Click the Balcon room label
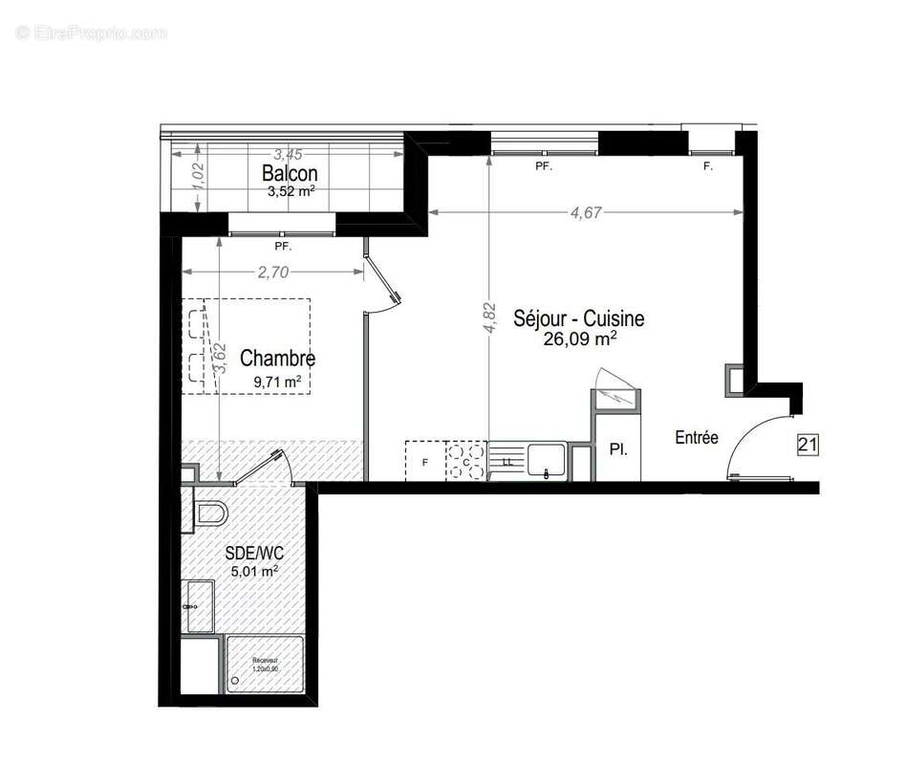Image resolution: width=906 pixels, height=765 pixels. click(290, 173)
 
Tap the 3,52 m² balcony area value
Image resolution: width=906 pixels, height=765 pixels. click(291, 190)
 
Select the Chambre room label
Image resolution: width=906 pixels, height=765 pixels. click(277, 359)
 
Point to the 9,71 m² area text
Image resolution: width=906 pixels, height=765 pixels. click(277, 382)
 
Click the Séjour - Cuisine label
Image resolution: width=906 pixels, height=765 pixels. click(578, 318)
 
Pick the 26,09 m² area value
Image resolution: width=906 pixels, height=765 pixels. click(579, 339)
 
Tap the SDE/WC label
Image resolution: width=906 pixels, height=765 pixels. click(254, 552)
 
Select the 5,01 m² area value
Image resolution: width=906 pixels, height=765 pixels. click(254, 572)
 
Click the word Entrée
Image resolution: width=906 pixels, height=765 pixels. click(696, 438)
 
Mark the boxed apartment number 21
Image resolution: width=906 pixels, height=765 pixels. click(809, 445)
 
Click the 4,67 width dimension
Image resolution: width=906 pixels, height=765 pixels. click(586, 213)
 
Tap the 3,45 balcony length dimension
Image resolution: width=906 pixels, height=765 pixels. click(288, 154)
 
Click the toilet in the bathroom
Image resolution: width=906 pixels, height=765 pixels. click(209, 514)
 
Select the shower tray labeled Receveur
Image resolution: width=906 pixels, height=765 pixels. click(265, 665)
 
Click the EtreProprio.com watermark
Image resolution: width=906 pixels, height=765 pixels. click(92, 33)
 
